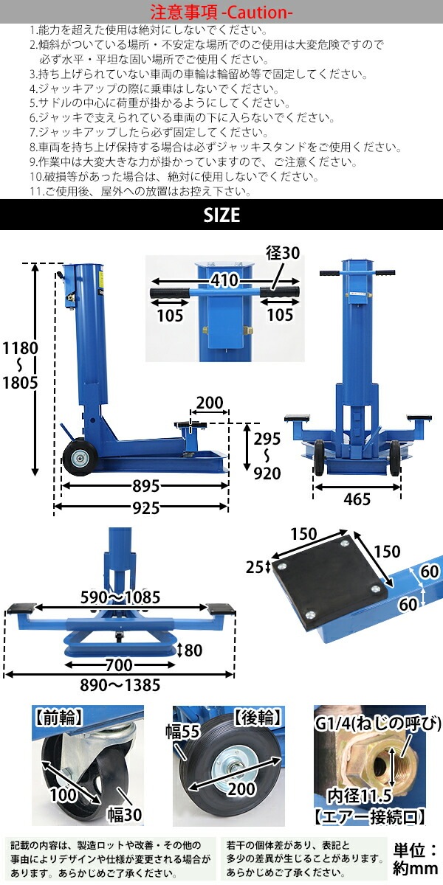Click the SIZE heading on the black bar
221,215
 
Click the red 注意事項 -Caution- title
221,13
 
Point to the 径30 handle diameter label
283,253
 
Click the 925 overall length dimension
140,507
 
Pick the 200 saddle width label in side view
210,403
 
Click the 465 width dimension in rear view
357,500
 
